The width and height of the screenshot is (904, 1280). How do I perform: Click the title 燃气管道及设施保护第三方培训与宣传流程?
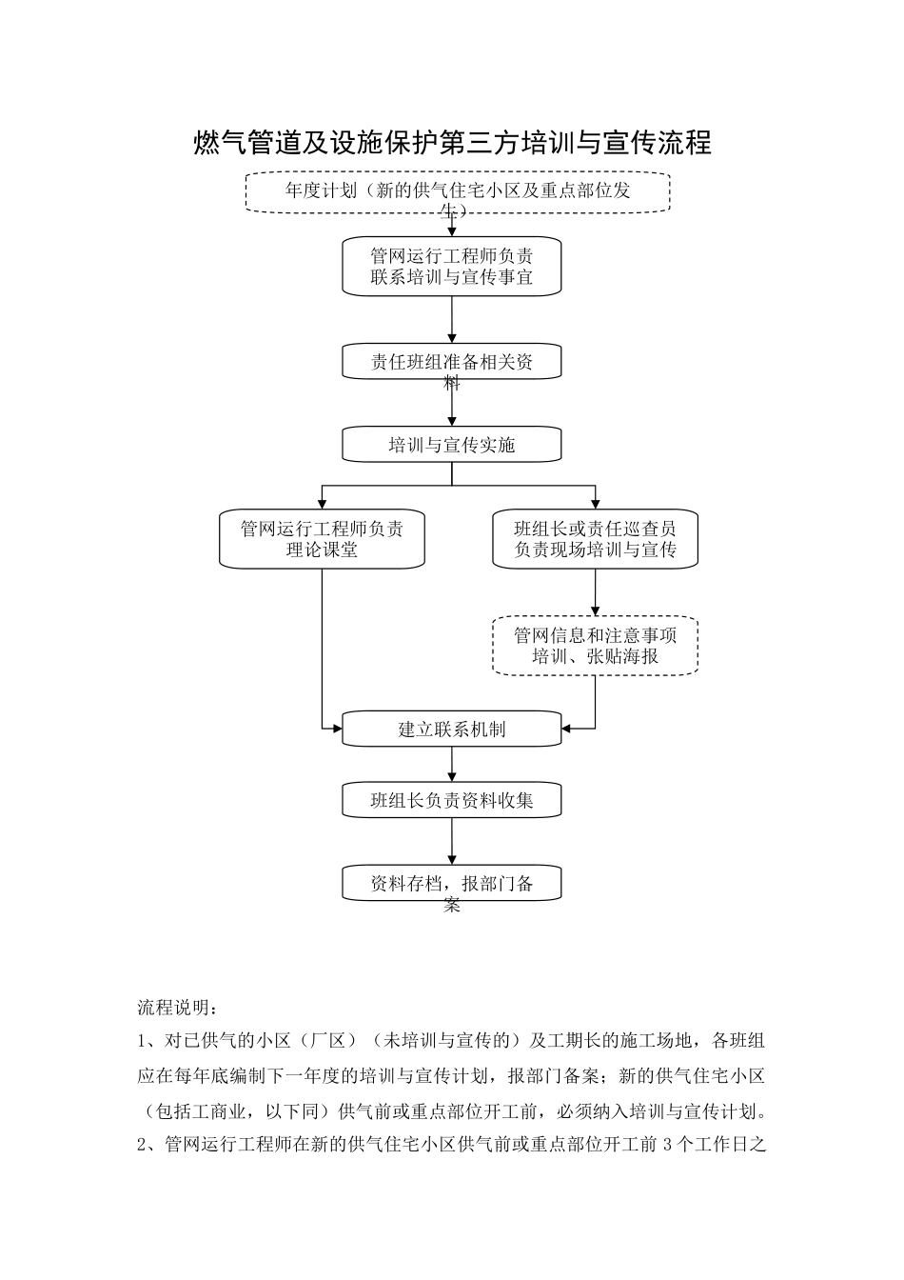pyautogui.click(x=452, y=143)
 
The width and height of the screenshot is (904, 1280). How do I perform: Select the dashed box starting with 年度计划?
pyautogui.click(x=458, y=191)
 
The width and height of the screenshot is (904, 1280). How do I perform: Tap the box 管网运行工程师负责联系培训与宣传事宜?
pyautogui.click(x=451, y=266)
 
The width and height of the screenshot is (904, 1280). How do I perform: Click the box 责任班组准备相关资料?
pyautogui.click(x=451, y=362)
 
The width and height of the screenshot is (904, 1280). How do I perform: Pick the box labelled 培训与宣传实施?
pyautogui.click(x=451, y=445)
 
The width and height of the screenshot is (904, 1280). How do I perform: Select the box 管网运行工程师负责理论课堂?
pyautogui.click(x=322, y=540)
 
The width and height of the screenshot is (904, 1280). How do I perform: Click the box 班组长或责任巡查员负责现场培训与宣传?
pyautogui.click(x=595, y=540)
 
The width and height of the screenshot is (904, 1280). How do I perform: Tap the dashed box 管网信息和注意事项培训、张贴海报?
pyautogui.click(x=595, y=647)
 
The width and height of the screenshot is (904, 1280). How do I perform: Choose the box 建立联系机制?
pyautogui.click(x=451, y=730)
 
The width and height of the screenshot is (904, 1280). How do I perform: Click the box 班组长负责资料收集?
pyautogui.click(x=451, y=800)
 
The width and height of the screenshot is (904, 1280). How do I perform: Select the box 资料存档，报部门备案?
pyautogui.click(x=451, y=883)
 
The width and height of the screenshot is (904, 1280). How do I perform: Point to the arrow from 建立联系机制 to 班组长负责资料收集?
pyautogui.click(x=452, y=765)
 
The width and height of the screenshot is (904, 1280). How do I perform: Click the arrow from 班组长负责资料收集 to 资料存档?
pyautogui.click(x=452, y=841)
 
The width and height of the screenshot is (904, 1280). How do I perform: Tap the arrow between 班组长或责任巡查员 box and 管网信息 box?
pyautogui.click(x=596, y=592)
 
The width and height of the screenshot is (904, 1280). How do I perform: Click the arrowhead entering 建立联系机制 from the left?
pyautogui.click(x=336, y=730)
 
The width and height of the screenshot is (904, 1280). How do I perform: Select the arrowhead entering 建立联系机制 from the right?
pyautogui.click(x=568, y=730)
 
